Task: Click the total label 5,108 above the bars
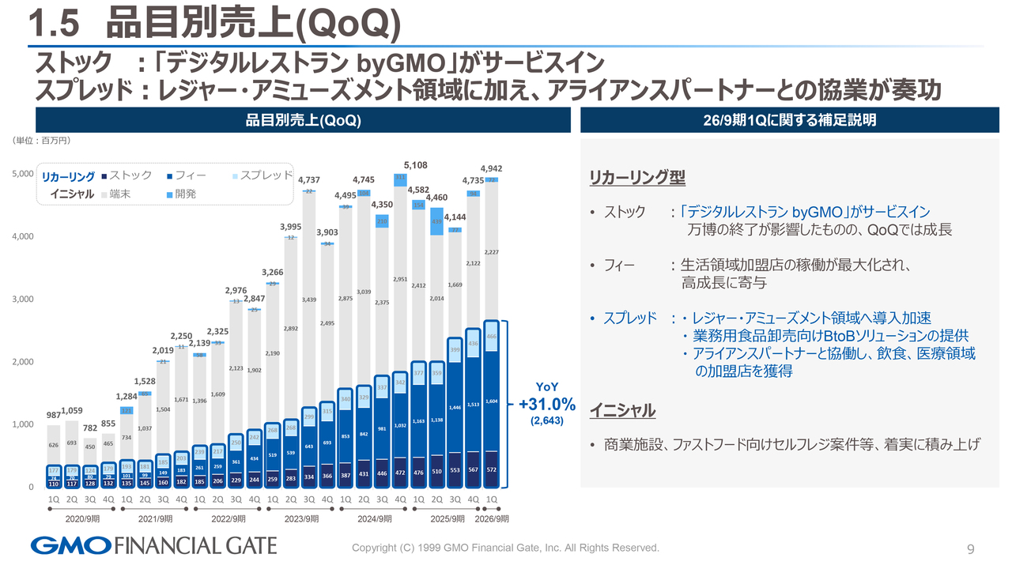[x=416, y=165]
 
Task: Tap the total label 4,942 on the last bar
[x=492, y=168]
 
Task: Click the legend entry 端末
[x=119, y=194]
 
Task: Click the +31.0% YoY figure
[x=547, y=405]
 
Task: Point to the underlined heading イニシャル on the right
[x=622, y=411]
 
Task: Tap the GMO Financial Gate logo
[x=154, y=545]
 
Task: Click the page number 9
[x=971, y=549]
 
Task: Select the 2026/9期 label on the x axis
[x=492, y=519]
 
